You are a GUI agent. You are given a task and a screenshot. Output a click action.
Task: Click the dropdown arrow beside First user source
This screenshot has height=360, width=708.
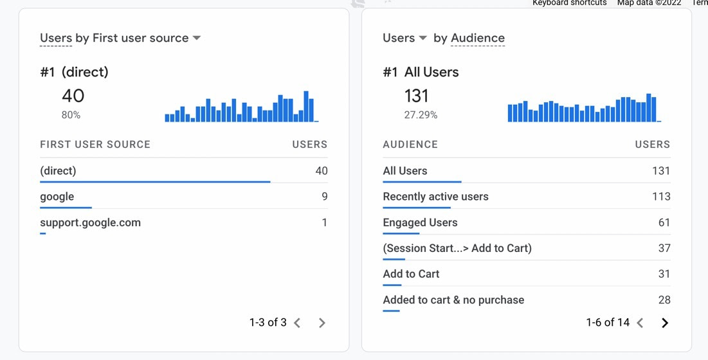click(197, 39)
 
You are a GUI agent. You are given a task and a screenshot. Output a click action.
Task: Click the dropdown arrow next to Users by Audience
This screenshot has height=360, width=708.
click(422, 39)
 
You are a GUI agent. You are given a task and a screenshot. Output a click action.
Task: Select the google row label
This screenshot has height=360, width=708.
click(57, 197)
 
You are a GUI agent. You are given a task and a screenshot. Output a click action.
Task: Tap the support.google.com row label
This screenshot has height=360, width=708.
click(90, 222)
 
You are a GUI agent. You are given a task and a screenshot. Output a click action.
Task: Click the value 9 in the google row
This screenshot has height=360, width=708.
click(324, 197)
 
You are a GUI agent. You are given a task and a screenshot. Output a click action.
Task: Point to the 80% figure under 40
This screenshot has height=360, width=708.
click(71, 115)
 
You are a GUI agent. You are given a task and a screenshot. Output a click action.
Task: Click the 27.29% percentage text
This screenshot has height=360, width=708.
click(421, 115)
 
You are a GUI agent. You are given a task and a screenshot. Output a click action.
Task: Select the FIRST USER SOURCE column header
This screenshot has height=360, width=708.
click(95, 145)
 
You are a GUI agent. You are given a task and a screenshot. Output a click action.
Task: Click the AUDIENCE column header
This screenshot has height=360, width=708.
click(410, 145)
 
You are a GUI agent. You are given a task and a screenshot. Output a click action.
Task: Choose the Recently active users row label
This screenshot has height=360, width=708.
click(435, 197)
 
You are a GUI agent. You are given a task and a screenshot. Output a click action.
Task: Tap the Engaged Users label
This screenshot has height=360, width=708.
click(420, 222)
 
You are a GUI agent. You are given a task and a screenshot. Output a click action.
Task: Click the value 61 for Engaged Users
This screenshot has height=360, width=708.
click(664, 222)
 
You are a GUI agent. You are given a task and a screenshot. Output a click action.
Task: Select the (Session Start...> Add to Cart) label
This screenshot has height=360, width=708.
click(457, 248)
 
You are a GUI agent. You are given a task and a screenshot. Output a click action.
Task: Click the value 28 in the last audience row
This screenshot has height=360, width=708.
click(664, 300)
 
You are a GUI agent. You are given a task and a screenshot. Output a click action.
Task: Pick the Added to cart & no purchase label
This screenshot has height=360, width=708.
click(453, 300)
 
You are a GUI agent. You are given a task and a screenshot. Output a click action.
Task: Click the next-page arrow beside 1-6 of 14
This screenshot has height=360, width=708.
click(665, 323)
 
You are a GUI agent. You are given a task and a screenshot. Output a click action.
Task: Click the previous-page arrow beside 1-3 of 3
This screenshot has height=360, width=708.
click(297, 323)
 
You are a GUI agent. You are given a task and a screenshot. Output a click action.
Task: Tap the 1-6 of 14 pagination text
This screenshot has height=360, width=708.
click(608, 323)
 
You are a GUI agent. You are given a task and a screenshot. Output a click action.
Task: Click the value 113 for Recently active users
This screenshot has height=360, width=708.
click(661, 197)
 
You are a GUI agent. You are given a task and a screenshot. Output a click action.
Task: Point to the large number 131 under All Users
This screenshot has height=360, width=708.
click(416, 96)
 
